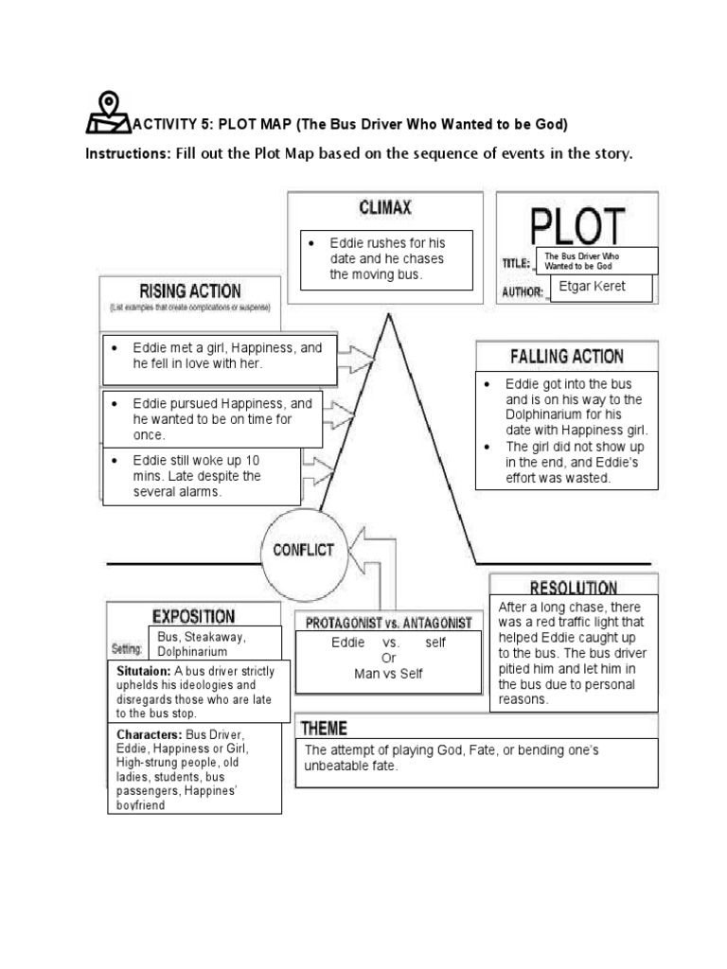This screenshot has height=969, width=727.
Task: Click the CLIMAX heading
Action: pyautogui.click(x=384, y=206)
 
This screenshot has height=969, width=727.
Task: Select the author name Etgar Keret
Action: pyautogui.click(x=593, y=287)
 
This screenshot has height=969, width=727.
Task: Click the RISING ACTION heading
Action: pyautogui.click(x=190, y=291)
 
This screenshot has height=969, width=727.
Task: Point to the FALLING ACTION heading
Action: pyautogui.click(x=567, y=357)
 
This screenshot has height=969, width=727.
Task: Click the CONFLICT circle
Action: pyautogui.click(x=304, y=549)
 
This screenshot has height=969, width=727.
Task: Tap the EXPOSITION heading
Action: pyautogui.click(x=193, y=616)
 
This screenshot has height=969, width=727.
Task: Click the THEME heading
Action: pyautogui.click(x=325, y=728)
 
